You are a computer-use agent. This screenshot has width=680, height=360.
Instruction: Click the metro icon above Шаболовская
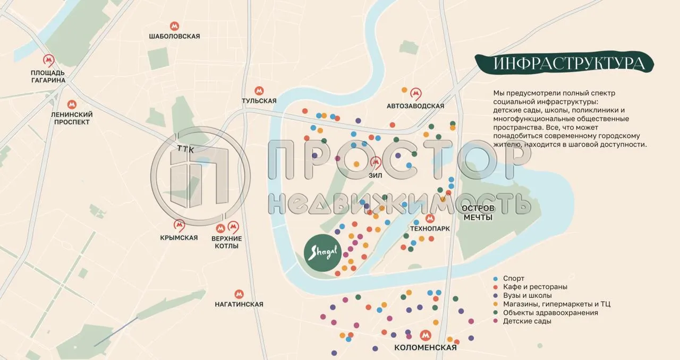click(174, 25)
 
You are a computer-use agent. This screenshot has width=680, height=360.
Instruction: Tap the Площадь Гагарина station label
click(48, 76)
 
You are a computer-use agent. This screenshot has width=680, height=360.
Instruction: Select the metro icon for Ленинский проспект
click(72, 105)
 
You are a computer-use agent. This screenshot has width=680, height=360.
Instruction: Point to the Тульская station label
click(259, 100)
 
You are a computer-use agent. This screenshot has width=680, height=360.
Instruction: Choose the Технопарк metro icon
click(430, 218)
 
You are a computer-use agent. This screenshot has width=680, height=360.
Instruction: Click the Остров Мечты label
click(478, 212)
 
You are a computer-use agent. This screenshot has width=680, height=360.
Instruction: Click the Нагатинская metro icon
click(239, 294)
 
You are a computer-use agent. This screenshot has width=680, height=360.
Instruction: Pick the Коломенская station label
click(425, 348)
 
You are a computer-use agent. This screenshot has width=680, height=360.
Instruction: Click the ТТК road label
click(186, 150)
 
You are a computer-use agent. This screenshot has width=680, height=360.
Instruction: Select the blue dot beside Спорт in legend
click(496, 278)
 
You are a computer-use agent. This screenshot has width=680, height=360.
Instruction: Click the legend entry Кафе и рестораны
click(535, 287)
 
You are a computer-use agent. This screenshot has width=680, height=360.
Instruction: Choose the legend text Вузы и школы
click(527, 295)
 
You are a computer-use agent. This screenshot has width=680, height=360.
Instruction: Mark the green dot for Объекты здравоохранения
click(496, 313)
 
